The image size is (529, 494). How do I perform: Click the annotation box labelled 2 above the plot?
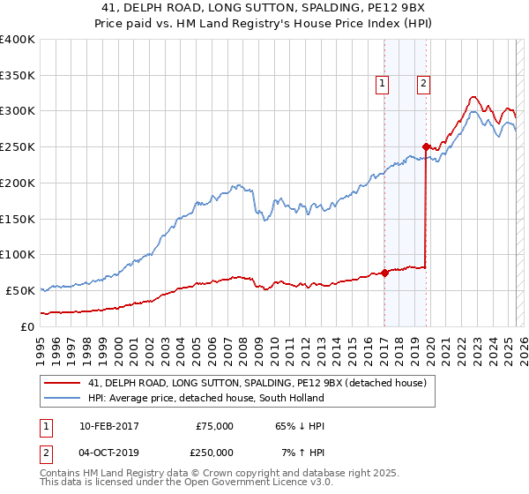click(x=423, y=84)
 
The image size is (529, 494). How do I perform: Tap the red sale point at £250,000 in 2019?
click(x=426, y=146)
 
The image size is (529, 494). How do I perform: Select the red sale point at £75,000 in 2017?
click(x=384, y=273)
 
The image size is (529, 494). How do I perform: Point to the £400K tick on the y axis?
click(x=18, y=40)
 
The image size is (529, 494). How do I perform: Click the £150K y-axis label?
click(x=18, y=219)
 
